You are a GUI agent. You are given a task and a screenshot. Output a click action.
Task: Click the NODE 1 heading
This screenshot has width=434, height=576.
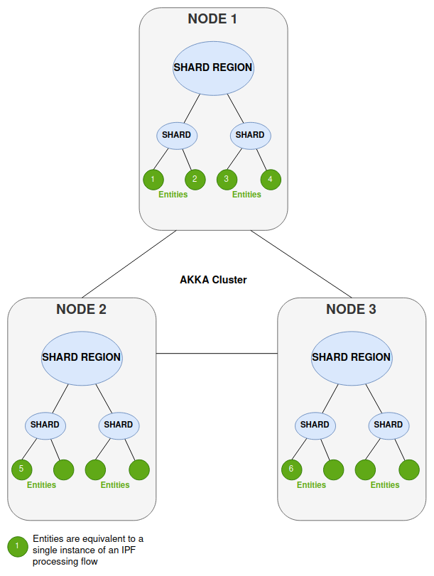[212, 19]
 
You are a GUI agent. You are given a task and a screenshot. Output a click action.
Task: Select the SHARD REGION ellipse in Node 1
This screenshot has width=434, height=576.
[213, 67]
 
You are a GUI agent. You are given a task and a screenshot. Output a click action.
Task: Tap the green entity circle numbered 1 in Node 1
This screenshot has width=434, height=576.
[153, 179]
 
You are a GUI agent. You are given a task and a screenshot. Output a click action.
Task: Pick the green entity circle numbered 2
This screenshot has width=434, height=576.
[195, 179]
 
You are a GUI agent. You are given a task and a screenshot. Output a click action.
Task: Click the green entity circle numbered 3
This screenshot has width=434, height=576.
[227, 179]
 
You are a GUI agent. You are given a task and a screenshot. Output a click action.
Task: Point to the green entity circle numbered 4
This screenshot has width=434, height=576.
[271, 179]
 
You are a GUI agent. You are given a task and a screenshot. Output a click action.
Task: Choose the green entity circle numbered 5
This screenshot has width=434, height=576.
[22, 469]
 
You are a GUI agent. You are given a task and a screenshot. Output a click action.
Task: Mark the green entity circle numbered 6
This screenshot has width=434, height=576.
[291, 469]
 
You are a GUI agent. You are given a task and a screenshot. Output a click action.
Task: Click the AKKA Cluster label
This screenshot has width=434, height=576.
[213, 280]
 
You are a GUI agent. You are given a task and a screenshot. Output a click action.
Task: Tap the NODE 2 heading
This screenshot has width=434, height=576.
[81, 309]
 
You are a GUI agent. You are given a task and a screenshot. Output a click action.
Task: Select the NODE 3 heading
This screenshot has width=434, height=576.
[351, 309]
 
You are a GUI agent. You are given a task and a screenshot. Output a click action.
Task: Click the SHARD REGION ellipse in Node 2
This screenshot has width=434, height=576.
[82, 357]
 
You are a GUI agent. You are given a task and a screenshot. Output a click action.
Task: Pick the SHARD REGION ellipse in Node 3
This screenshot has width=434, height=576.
[351, 357]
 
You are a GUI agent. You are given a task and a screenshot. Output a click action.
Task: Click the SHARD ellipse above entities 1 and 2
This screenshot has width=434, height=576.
[176, 135]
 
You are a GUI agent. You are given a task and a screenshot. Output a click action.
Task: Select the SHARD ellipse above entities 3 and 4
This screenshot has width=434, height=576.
[249, 135]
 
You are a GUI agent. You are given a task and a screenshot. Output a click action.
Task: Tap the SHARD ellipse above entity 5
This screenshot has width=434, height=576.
[45, 425]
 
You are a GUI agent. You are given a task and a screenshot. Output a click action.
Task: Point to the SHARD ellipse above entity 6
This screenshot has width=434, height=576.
[315, 425]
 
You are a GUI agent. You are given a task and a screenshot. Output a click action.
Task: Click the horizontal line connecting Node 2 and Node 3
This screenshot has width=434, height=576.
[216, 353]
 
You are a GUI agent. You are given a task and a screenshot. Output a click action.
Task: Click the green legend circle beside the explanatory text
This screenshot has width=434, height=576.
[16, 547]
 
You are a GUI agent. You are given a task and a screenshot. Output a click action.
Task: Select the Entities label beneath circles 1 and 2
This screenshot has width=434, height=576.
[173, 195]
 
